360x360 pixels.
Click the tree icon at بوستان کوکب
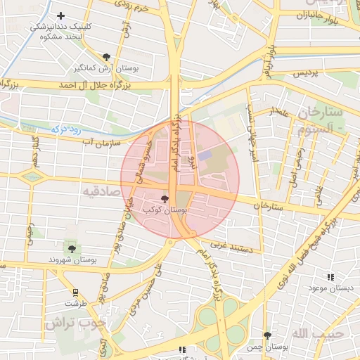point(165,199)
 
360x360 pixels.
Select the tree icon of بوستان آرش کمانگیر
point(106,57)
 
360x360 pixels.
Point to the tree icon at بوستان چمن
point(266,336)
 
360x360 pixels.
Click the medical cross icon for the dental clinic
point(61,15)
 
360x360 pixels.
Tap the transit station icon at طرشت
point(75,292)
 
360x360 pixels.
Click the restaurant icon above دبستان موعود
point(330,278)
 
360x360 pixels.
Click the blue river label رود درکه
point(67,129)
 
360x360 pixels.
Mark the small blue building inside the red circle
point(204,155)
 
